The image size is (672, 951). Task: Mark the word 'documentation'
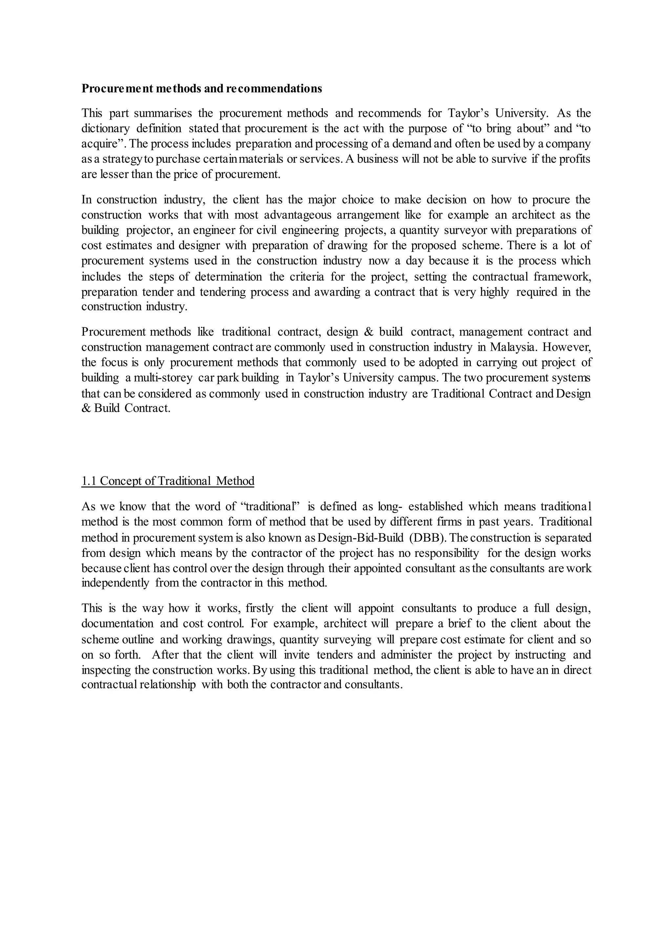pyautogui.click(x=117, y=624)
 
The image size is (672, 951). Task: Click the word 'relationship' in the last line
pyautogui.click(x=168, y=685)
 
